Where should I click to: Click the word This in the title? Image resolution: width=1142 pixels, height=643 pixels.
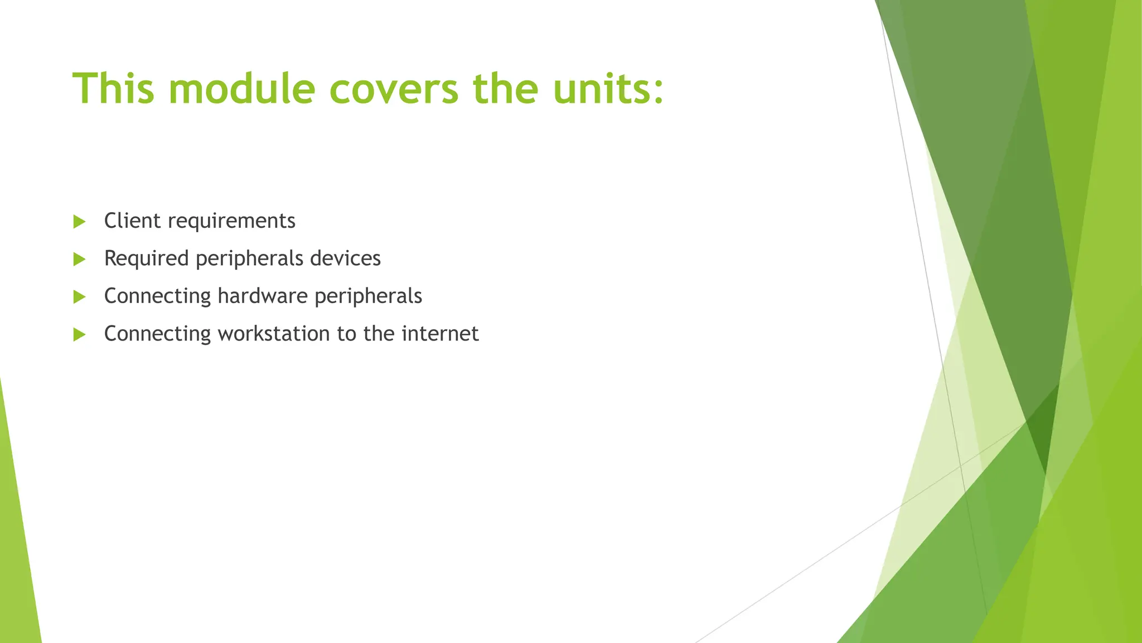pos(113,88)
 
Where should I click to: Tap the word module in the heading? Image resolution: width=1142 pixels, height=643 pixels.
pos(241,88)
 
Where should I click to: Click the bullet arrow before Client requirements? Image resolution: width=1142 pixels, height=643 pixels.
pos(79,222)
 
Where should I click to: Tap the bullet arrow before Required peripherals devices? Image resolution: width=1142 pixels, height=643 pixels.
pos(79,259)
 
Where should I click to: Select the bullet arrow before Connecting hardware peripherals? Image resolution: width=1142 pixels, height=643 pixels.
pos(79,296)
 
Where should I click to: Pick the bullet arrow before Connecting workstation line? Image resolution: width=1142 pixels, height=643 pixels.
pos(79,334)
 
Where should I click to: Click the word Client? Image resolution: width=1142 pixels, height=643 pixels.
pos(132,220)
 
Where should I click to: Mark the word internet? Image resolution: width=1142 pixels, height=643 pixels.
pos(440,333)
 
